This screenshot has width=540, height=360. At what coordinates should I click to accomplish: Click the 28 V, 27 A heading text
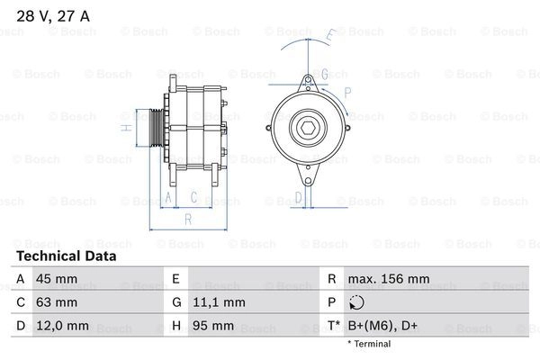coord(53,16)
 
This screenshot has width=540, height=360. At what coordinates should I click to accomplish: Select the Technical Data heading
coord(67,256)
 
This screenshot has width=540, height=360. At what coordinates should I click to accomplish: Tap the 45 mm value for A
coord(57,279)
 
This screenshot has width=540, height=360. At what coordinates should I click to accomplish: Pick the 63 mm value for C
coord(57,302)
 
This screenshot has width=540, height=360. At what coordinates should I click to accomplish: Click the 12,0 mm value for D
coord(62,326)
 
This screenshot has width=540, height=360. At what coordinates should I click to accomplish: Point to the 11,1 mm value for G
coord(219,302)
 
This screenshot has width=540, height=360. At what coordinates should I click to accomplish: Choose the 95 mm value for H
coord(213,326)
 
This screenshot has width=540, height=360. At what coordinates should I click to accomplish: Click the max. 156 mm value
coord(389,279)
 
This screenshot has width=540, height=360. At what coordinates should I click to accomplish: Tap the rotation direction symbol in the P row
coord(356,302)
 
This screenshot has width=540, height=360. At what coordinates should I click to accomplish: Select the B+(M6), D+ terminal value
coord(382,326)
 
